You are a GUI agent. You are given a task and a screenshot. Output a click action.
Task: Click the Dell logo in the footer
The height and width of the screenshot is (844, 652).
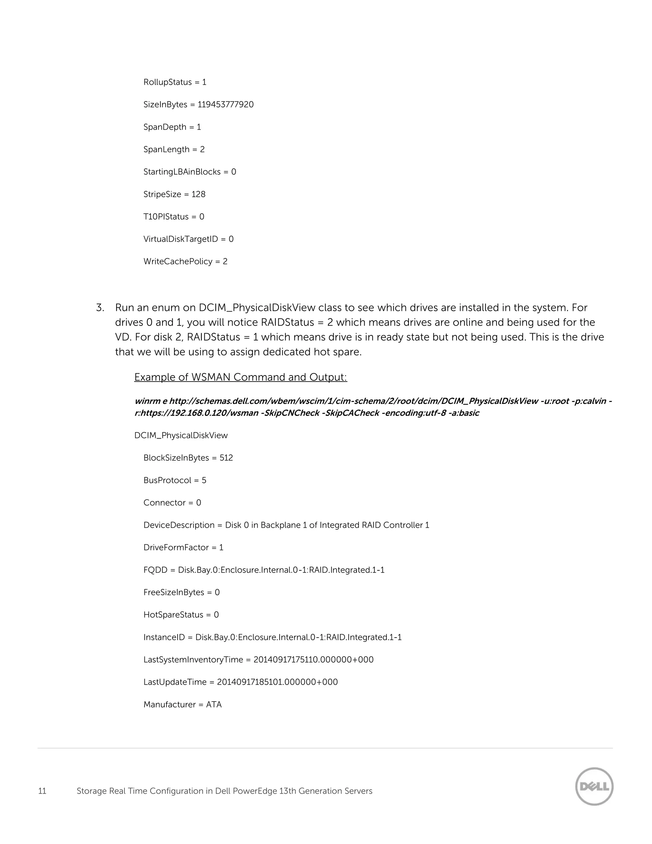tap(594, 786)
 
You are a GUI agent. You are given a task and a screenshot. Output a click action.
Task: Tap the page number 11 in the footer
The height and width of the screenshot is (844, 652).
tap(42, 791)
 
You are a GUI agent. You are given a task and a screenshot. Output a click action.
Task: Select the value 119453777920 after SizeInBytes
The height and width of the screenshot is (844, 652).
tap(226, 105)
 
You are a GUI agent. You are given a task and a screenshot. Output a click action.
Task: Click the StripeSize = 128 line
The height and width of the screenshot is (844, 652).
tap(174, 194)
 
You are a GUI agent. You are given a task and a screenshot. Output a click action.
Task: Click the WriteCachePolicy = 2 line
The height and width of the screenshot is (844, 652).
tap(185, 261)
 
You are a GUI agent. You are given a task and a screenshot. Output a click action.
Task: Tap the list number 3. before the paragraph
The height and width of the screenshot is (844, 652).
tap(100, 308)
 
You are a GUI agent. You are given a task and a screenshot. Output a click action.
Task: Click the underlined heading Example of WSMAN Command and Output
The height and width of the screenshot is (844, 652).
tap(240, 377)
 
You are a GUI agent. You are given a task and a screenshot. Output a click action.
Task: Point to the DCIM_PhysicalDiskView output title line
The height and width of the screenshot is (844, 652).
tap(181, 435)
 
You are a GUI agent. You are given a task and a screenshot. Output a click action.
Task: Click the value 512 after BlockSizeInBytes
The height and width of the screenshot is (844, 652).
tap(226, 458)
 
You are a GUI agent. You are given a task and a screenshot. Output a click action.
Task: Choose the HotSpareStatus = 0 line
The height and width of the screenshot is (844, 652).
tap(181, 615)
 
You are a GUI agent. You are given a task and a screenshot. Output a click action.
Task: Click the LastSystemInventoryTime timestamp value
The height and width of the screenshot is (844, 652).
tap(313, 660)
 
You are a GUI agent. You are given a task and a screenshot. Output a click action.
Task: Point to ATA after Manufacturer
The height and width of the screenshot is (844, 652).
tap(214, 705)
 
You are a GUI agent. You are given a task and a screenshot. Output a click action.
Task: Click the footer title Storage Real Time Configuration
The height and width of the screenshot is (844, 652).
tap(224, 791)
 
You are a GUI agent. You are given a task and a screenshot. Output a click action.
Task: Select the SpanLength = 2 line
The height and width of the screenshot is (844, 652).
tap(174, 150)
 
